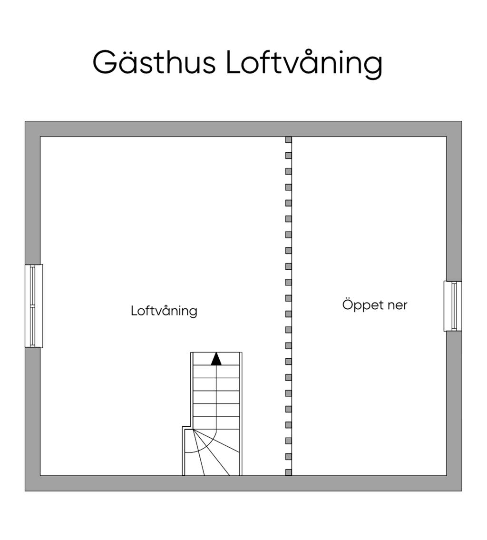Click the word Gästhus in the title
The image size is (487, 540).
154,62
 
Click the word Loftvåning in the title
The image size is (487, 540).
303,63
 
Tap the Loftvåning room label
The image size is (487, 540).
164,311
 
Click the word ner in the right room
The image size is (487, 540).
398,305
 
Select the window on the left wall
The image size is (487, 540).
34,306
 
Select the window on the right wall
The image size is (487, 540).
453,306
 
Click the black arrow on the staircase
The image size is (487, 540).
216,359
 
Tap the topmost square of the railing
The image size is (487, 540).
288,140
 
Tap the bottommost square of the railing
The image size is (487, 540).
288,472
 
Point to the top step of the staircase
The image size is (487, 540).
216,359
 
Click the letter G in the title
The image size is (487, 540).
105,62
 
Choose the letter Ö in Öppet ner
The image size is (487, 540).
348,304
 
